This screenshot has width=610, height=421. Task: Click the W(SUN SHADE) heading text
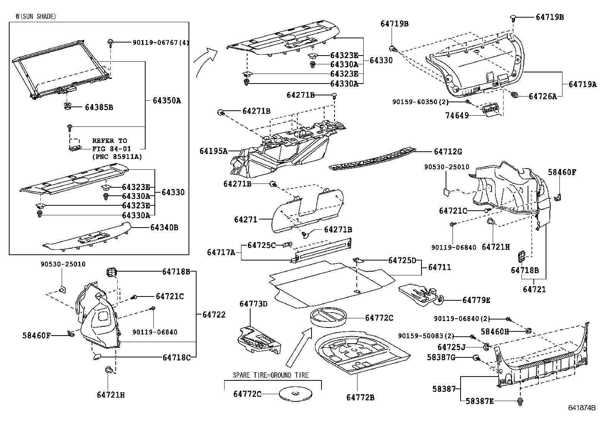click(x=36, y=16)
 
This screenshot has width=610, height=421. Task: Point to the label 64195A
click(x=213, y=151)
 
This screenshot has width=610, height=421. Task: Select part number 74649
click(x=457, y=115)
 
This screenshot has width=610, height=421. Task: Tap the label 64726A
click(x=543, y=97)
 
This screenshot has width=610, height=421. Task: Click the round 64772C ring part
click(x=328, y=317)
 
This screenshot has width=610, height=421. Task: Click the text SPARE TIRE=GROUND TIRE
click(x=271, y=375)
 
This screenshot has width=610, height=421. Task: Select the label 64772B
click(x=360, y=398)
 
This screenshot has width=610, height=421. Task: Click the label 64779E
click(x=476, y=300)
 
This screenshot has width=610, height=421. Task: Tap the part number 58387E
click(x=480, y=401)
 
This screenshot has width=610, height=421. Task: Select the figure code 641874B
click(x=582, y=408)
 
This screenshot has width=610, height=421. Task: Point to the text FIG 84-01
click(x=112, y=149)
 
